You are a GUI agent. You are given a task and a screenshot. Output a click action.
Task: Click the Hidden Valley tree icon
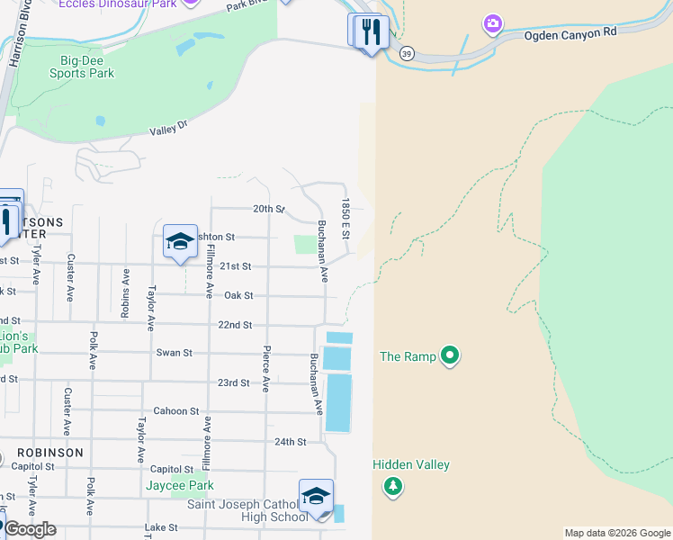(392, 487)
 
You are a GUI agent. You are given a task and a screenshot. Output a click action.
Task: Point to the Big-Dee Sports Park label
(87, 67)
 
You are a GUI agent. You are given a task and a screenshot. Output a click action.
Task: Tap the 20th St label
(268, 209)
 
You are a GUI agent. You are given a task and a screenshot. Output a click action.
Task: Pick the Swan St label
(175, 353)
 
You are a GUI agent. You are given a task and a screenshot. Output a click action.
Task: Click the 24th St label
(291, 442)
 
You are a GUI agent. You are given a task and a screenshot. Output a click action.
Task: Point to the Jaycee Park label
(180, 486)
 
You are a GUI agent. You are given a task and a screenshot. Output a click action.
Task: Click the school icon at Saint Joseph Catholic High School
(316, 496)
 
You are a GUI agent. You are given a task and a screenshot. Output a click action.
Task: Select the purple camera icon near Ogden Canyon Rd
(492, 23)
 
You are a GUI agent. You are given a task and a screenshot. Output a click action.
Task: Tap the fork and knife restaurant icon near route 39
(371, 31)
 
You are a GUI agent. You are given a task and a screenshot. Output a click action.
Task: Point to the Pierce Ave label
(266, 369)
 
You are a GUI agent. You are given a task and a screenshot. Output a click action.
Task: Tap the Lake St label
(159, 527)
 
